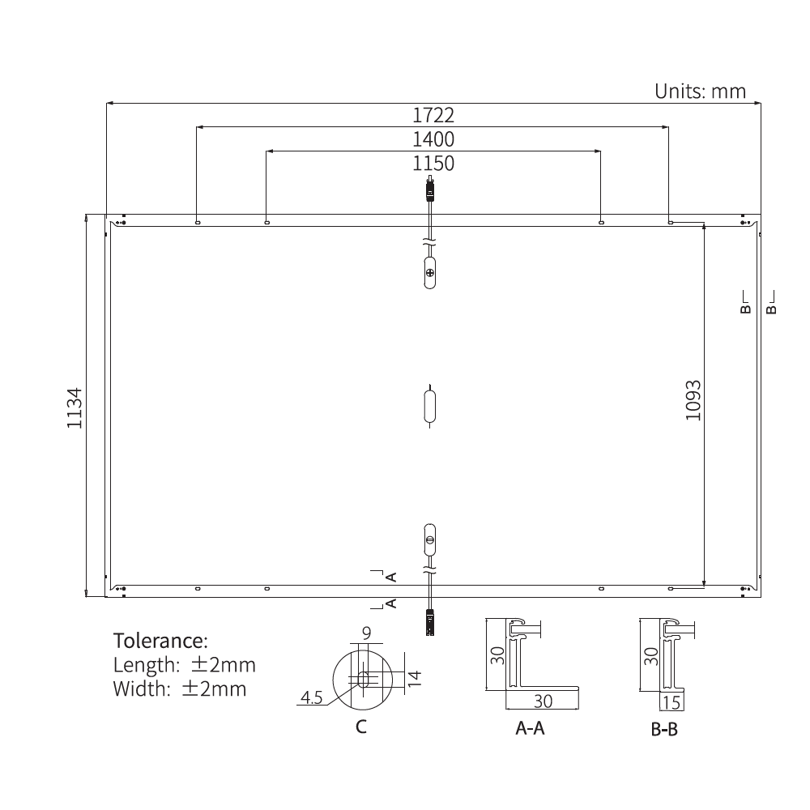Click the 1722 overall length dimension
pyautogui.click(x=433, y=115)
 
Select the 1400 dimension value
pyautogui.click(x=433, y=139)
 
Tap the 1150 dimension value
pyautogui.click(x=433, y=164)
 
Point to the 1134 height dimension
pyautogui.click(x=75, y=407)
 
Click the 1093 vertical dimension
pyautogui.click(x=693, y=400)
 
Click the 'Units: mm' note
pyautogui.click(x=700, y=91)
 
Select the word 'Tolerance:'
pyautogui.click(x=160, y=641)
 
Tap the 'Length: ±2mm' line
pyautogui.click(x=184, y=665)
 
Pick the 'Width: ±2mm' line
pyautogui.click(x=179, y=689)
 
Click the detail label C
pyautogui.click(x=361, y=727)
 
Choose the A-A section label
pyautogui.click(x=531, y=729)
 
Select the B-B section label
pyautogui.click(x=664, y=730)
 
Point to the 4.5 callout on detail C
pyautogui.click(x=312, y=697)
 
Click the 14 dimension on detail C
pyautogui.click(x=414, y=678)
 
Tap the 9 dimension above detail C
pyautogui.click(x=366, y=633)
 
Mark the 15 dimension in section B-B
pyautogui.click(x=671, y=702)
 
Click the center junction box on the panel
pyautogui.click(x=430, y=406)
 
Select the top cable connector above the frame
pyautogui.click(x=430, y=191)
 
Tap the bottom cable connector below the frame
pyautogui.click(x=430, y=621)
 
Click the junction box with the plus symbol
pyautogui.click(x=430, y=272)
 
